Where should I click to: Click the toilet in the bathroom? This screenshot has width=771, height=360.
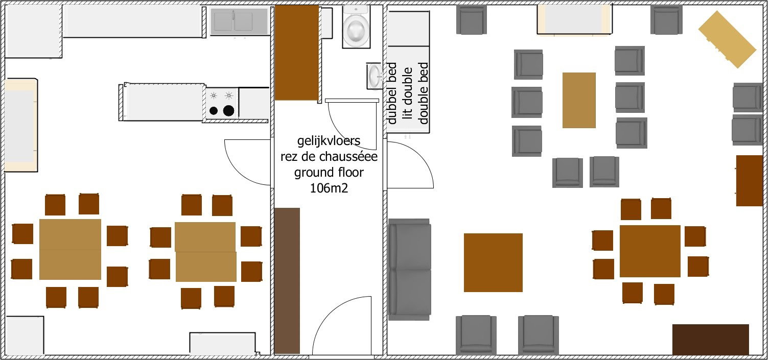coord(356,27)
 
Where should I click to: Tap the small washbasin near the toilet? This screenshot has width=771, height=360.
coord(374,76)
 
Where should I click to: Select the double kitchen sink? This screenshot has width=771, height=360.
coord(239,21)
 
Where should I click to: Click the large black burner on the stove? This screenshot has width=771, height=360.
coord(228,111)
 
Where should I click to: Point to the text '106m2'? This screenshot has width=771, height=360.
coord(329,188)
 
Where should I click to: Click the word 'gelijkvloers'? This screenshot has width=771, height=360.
coord(329,140)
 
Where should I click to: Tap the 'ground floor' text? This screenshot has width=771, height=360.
coord(329,172)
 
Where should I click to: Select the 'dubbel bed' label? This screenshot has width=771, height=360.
coord(392,93)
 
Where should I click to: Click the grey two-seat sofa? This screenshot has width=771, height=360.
coord(409,270)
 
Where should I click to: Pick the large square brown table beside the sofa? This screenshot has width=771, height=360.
coord(493,262)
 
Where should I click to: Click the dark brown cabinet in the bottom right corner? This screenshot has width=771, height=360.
coord(710,340)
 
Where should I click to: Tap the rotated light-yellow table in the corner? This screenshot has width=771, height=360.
coord(727,39)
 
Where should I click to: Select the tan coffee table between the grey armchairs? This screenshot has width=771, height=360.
coord(579,100)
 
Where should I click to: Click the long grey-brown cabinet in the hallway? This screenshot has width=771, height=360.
coord(287,280)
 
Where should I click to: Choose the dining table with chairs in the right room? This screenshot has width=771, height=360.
coord(650,251)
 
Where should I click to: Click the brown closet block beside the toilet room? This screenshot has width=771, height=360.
coord(296,53)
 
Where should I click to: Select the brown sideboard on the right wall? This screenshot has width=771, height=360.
coord(750,181)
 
